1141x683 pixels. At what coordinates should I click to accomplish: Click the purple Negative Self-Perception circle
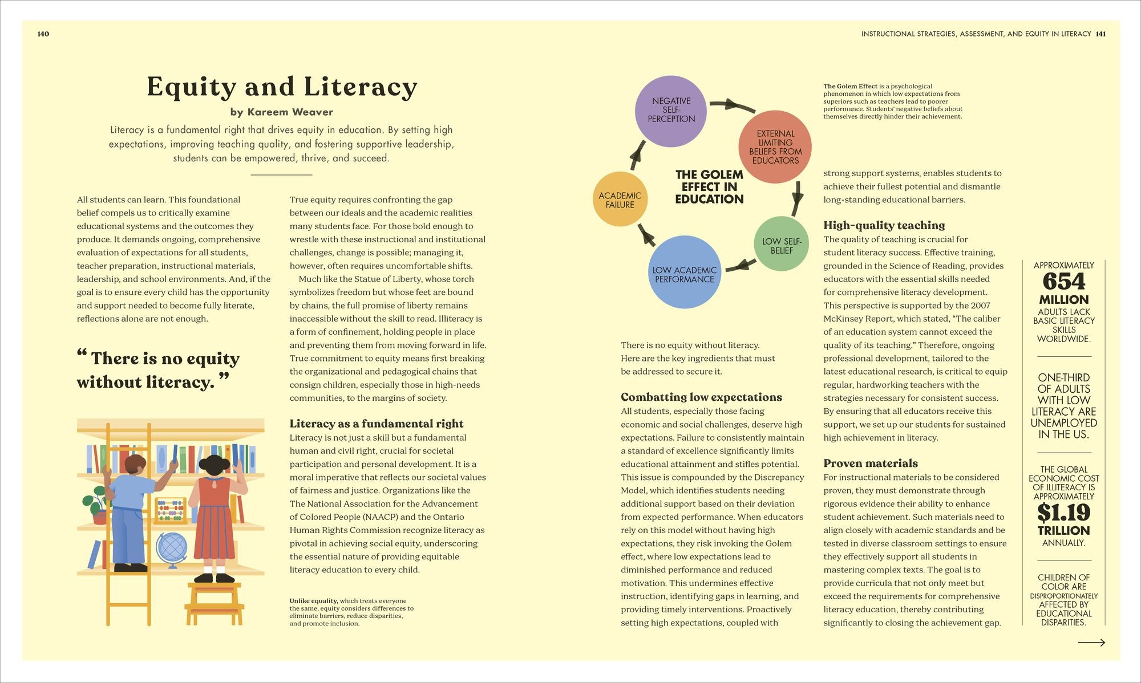(671, 111)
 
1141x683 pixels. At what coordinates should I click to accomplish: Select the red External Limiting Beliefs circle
(775, 147)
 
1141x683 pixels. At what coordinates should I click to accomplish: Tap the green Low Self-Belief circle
(781, 244)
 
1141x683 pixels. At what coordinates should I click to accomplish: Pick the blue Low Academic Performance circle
(685, 273)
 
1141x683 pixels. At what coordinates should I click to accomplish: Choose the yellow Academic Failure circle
(620, 200)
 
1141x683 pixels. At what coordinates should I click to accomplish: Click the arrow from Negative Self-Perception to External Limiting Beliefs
(733, 106)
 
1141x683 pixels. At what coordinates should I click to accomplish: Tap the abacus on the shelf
(170, 509)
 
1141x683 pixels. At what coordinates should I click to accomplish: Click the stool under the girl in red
(214, 602)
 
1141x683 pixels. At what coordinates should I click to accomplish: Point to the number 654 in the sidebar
(1063, 282)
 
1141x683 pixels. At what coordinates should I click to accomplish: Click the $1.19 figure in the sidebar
(1063, 513)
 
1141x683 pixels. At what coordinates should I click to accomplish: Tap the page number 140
(43, 34)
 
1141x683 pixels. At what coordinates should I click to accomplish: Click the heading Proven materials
(871, 464)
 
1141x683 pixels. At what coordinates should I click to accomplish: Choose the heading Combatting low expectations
(701, 397)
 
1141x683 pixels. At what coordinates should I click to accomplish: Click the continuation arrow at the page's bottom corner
(1091, 643)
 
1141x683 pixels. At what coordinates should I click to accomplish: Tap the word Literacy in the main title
(361, 87)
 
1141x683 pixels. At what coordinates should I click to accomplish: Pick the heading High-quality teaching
(884, 225)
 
